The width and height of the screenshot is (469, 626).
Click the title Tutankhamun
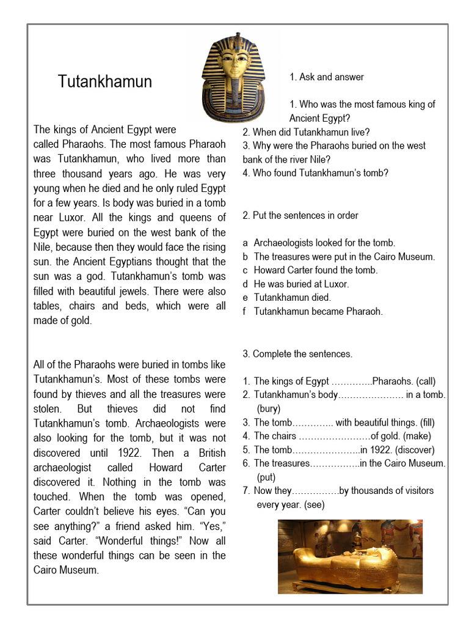pos(104,82)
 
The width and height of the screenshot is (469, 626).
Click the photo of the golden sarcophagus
pos(349,556)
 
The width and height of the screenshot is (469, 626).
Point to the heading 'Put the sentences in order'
pos(300,215)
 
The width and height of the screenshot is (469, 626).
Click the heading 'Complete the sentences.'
pos(297,354)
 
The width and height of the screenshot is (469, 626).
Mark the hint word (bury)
pos(269,409)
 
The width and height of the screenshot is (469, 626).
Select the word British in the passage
pos(210,453)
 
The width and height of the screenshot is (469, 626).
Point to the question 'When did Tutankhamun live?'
pos(306,132)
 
